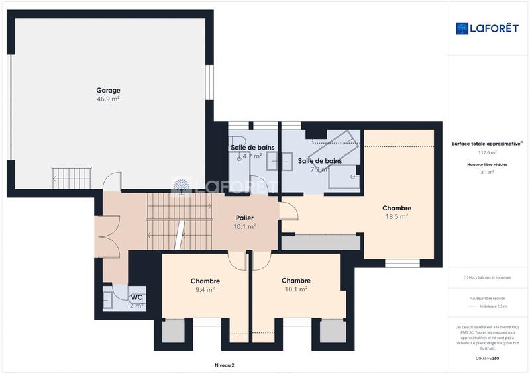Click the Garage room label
(108, 90)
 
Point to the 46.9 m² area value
(108, 99)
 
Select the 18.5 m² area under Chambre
(397, 216)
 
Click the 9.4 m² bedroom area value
(205, 289)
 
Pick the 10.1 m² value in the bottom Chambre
(295, 289)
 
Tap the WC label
(136, 297)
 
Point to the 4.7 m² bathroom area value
(252, 156)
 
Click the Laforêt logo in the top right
(488, 28)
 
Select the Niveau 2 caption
(225, 365)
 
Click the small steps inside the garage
(65, 177)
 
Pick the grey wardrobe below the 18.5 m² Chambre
(321, 242)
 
